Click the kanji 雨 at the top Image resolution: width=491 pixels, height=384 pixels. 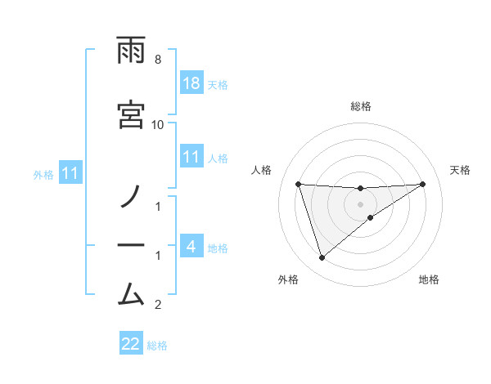(131, 51)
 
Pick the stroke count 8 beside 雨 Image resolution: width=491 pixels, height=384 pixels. (157, 60)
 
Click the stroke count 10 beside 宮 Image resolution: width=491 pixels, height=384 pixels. (157, 124)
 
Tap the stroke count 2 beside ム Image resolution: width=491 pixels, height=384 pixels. (157, 305)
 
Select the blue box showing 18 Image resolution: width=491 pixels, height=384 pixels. (191, 83)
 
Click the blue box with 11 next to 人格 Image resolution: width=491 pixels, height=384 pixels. (191, 157)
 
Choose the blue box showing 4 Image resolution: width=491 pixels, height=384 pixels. (191, 246)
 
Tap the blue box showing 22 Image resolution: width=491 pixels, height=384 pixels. (131, 344)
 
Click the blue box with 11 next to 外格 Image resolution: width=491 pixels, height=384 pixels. (71, 173)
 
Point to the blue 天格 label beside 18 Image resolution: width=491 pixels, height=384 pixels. (217, 84)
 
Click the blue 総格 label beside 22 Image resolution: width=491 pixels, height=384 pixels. (157, 345)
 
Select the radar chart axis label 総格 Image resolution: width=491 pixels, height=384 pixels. (361, 106)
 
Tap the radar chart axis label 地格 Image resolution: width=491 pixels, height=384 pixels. (429, 279)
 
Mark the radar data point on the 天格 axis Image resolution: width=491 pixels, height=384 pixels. (423, 184)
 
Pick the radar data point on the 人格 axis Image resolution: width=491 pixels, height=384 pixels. (299, 184)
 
